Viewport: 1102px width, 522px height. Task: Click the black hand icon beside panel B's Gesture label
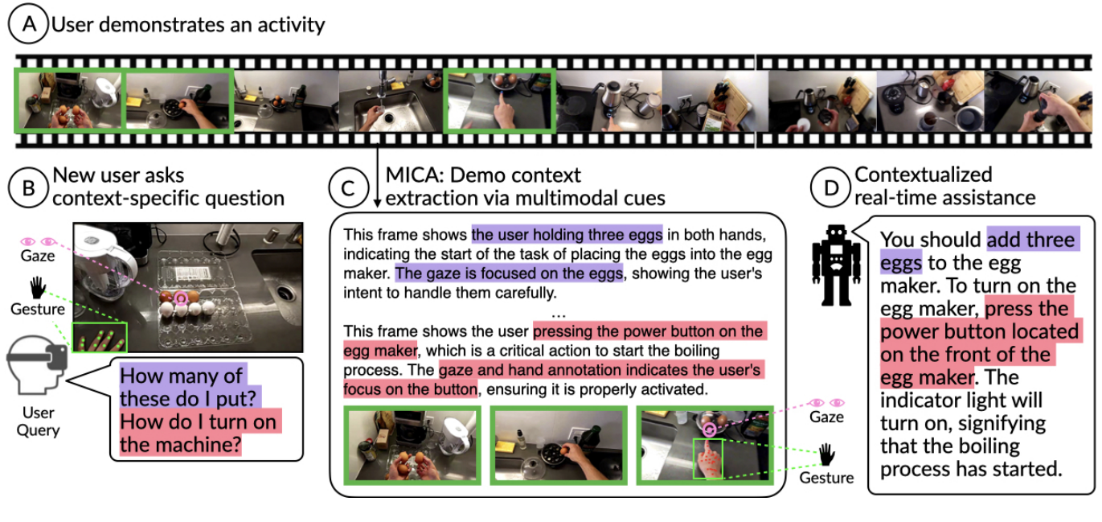point(38,287)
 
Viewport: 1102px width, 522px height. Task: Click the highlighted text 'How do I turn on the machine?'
point(197,433)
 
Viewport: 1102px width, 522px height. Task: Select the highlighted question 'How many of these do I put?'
point(183,386)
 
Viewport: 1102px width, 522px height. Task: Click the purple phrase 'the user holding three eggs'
point(567,235)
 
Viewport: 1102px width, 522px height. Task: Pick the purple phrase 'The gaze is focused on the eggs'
point(509,273)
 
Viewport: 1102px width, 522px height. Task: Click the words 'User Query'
point(38,421)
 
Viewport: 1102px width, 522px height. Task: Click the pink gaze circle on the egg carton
point(180,300)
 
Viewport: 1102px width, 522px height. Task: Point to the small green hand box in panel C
point(707,458)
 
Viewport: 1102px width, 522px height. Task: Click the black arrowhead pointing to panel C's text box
point(376,202)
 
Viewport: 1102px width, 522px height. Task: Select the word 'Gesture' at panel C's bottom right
point(826,478)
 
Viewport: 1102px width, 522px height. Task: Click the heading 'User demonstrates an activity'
point(188,25)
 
